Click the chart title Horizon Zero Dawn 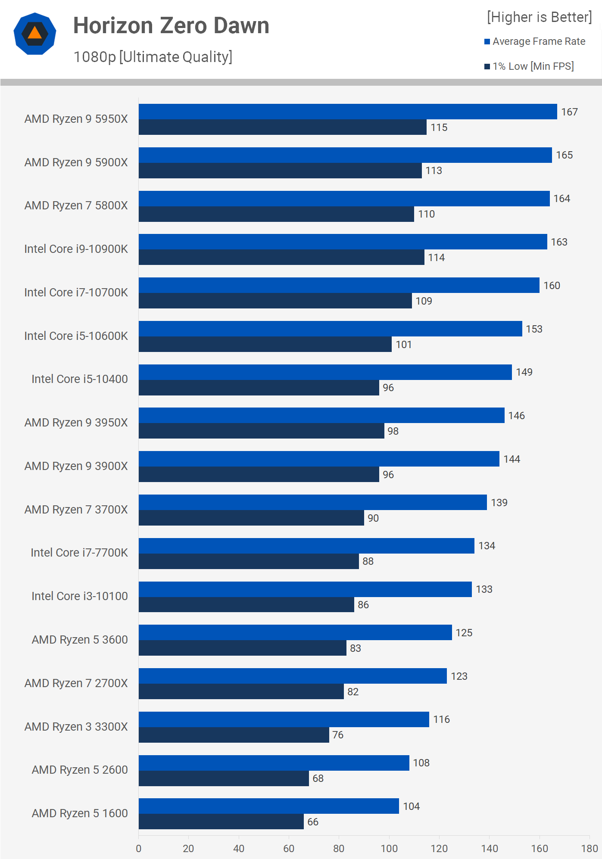click(171, 25)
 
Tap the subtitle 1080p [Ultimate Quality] click(153, 57)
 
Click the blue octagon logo click(35, 34)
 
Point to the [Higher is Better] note click(539, 17)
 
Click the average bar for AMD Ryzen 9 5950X click(347, 112)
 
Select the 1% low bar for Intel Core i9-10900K click(281, 257)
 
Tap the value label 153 click(534, 329)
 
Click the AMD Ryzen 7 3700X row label click(76, 510)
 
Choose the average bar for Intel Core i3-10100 click(305, 589)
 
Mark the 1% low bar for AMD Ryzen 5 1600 click(221, 822)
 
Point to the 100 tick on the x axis click(389, 849)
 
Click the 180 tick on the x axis click(589, 849)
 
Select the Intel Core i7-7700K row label click(79, 553)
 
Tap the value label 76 click(338, 735)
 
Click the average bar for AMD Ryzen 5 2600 click(274, 763)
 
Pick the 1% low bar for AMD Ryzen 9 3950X click(261, 431)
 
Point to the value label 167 click(569, 112)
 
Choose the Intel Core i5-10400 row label click(80, 379)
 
